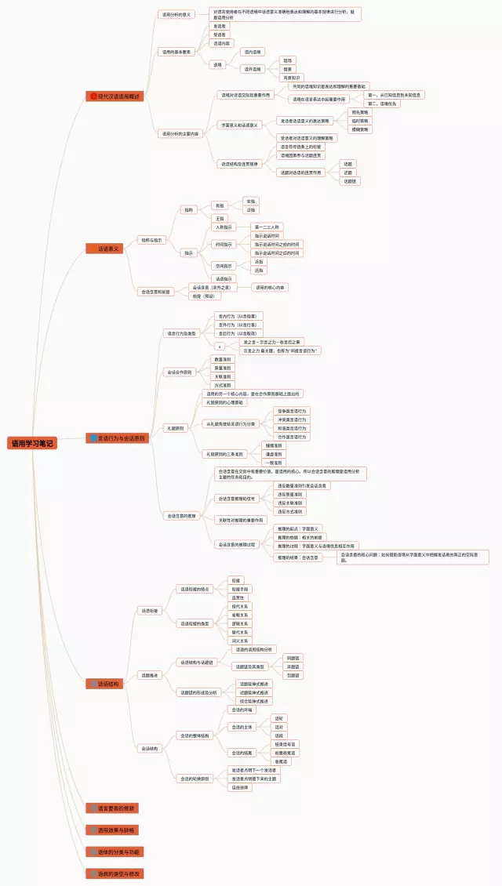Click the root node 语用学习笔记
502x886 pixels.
pyautogui.click(x=32, y=443)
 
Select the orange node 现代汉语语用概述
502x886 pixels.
pyautogui.click(x=115, y=96)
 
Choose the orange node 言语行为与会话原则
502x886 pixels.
pyautogui.click(x=117, y=438)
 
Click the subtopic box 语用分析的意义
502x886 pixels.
pyautogui.click(x=176, y=14)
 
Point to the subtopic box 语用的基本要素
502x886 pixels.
pyautogui.click(x=176, y=52)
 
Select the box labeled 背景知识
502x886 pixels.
pyautogui.click(x=292, y=78)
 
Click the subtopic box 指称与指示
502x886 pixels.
pyautogui.click(x=151, y=240)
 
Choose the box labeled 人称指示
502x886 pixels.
pyautogui.click(x=224, y=227)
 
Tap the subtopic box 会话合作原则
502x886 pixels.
pyautogui.click(x=179, y=372)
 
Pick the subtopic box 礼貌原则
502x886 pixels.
pyautogui.click(x=174, y=429)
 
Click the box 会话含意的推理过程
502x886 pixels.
pyautogui.click(x=236, y=544)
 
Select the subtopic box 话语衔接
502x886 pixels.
pyautogui.click(x=149, y=610)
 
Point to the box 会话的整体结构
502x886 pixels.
pyautogui.click(x=194, y=735)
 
